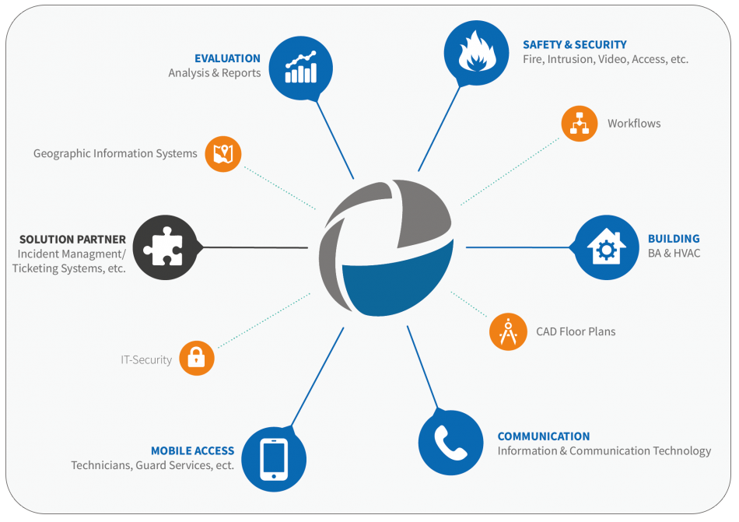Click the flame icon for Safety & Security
point(477,53)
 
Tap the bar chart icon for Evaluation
point(301,68)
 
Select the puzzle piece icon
point(164,247)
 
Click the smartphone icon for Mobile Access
point(274,459)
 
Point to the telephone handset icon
point(450,443)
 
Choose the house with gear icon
point(607,247)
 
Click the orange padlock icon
point(197,358)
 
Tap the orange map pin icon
point(223,154)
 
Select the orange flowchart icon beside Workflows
point(580,124)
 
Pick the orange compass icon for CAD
point(508,331)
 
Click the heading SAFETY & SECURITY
point(575,45)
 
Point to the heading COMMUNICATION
point(544,436)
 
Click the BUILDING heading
point(674,238)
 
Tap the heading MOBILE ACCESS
point(192,451)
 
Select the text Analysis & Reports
point(215,73)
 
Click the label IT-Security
point(146,360)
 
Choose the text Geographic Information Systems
point(115,153)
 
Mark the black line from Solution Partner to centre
point(254,247)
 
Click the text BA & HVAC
point(674,253)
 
